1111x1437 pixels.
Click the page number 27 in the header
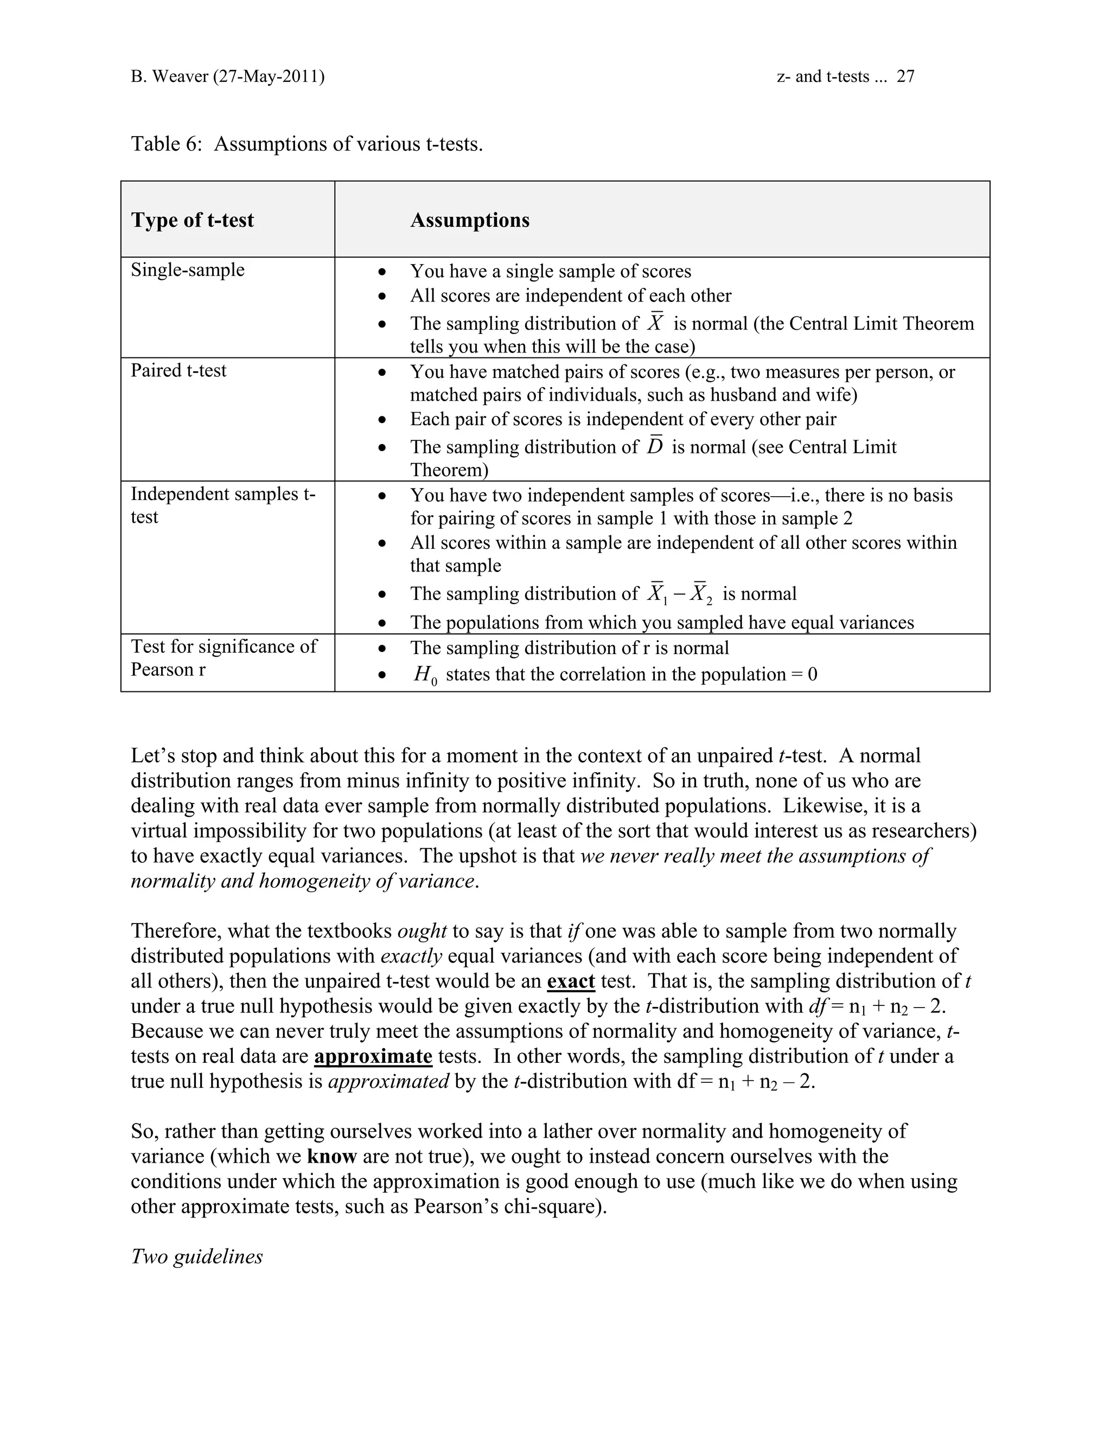tap(905, 76)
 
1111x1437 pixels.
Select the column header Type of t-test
tap(192, 220)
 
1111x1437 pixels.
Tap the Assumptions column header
tap(469, 220)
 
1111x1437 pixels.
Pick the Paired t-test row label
tap(178, 370)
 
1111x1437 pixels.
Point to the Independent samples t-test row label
tap(222, 505)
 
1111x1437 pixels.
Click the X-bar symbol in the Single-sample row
tap(655, 323)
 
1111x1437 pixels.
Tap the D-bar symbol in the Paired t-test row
tap(654, 446)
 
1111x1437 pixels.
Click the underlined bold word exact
tap(571, 981)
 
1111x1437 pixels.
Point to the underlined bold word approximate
tap(373, 1056)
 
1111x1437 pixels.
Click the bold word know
tap(331, 1156)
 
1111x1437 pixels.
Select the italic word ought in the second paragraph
tap(422, 931)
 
